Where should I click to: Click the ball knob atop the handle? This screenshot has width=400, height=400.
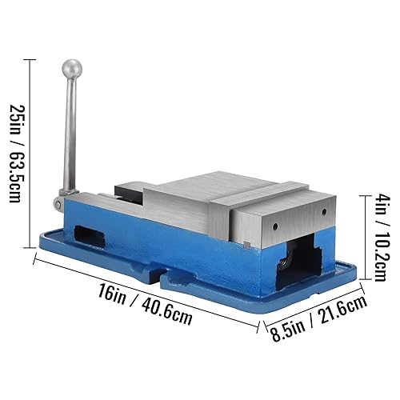click(x=72, y=69)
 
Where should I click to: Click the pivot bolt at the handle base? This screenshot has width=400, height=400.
click(x=58, y=205)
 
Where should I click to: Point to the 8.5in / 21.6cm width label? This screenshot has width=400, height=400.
click(x=318, y=318)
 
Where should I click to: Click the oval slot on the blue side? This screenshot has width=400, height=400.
click(x=90, y=236)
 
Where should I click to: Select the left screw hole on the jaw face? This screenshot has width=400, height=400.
click(x=275, y=226)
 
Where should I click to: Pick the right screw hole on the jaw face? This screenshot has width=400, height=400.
click(x=324, y=212)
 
